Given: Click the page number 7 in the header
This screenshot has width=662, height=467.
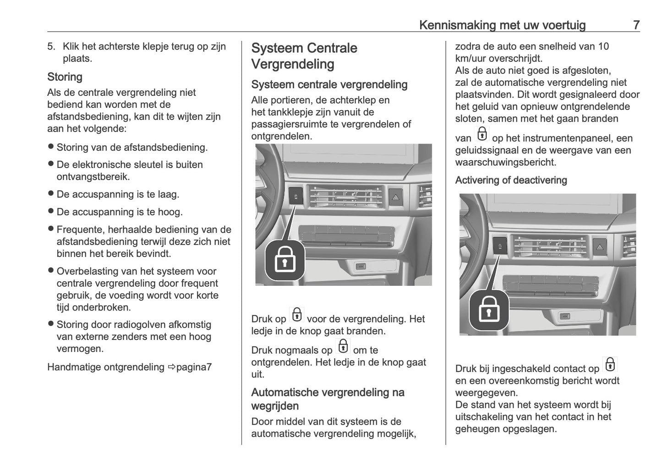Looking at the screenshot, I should pyautogui.click(x=636, y=25).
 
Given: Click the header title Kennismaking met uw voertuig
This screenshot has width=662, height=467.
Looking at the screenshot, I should pyautogui.click(x=502, y=25).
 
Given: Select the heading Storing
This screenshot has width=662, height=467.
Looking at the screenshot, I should pyautogui.click(x=65, y=77).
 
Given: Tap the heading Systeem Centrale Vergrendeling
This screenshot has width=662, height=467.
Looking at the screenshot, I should pyautogui.click(x=304, y=56).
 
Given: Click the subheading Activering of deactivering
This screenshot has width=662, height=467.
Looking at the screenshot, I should pyautogui.click(x=511, y=180).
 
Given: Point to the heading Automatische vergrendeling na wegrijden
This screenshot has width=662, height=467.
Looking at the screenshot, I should pyautogui.click(x=328, y=399).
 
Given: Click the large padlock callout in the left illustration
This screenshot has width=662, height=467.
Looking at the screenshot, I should pyautogui.click(x=284, y=260).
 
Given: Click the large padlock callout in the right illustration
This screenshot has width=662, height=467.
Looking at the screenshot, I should pyautogui.click(x=489, y=310).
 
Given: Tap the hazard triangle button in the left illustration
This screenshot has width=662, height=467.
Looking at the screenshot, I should pyautogui.click(x=395, y=196).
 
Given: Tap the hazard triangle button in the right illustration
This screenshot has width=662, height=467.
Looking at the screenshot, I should pyautogui.click(x=599, y=246).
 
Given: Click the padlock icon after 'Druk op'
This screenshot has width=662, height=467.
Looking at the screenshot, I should pyautogui.click(x=297, y=315).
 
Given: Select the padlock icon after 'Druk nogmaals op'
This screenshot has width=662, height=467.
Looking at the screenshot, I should pyautogui.click(x=343, y=346).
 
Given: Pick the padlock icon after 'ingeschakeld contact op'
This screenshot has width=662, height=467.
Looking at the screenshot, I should pyautogui.click(x=610, y=365).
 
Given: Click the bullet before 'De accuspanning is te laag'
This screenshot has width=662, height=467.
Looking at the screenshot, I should pyautogui.click(x=51, y=194).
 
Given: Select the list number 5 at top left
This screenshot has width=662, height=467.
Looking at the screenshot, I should pyautogui.click(x=51, y=46).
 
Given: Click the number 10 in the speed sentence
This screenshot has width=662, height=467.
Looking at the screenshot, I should pyautogui.click(x=603, y=46).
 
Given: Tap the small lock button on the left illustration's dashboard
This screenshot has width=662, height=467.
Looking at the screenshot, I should pyautogui.click(x=296, y=196).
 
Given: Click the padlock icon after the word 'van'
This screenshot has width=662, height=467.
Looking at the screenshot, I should pyautogui.click(x=482, y=134).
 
